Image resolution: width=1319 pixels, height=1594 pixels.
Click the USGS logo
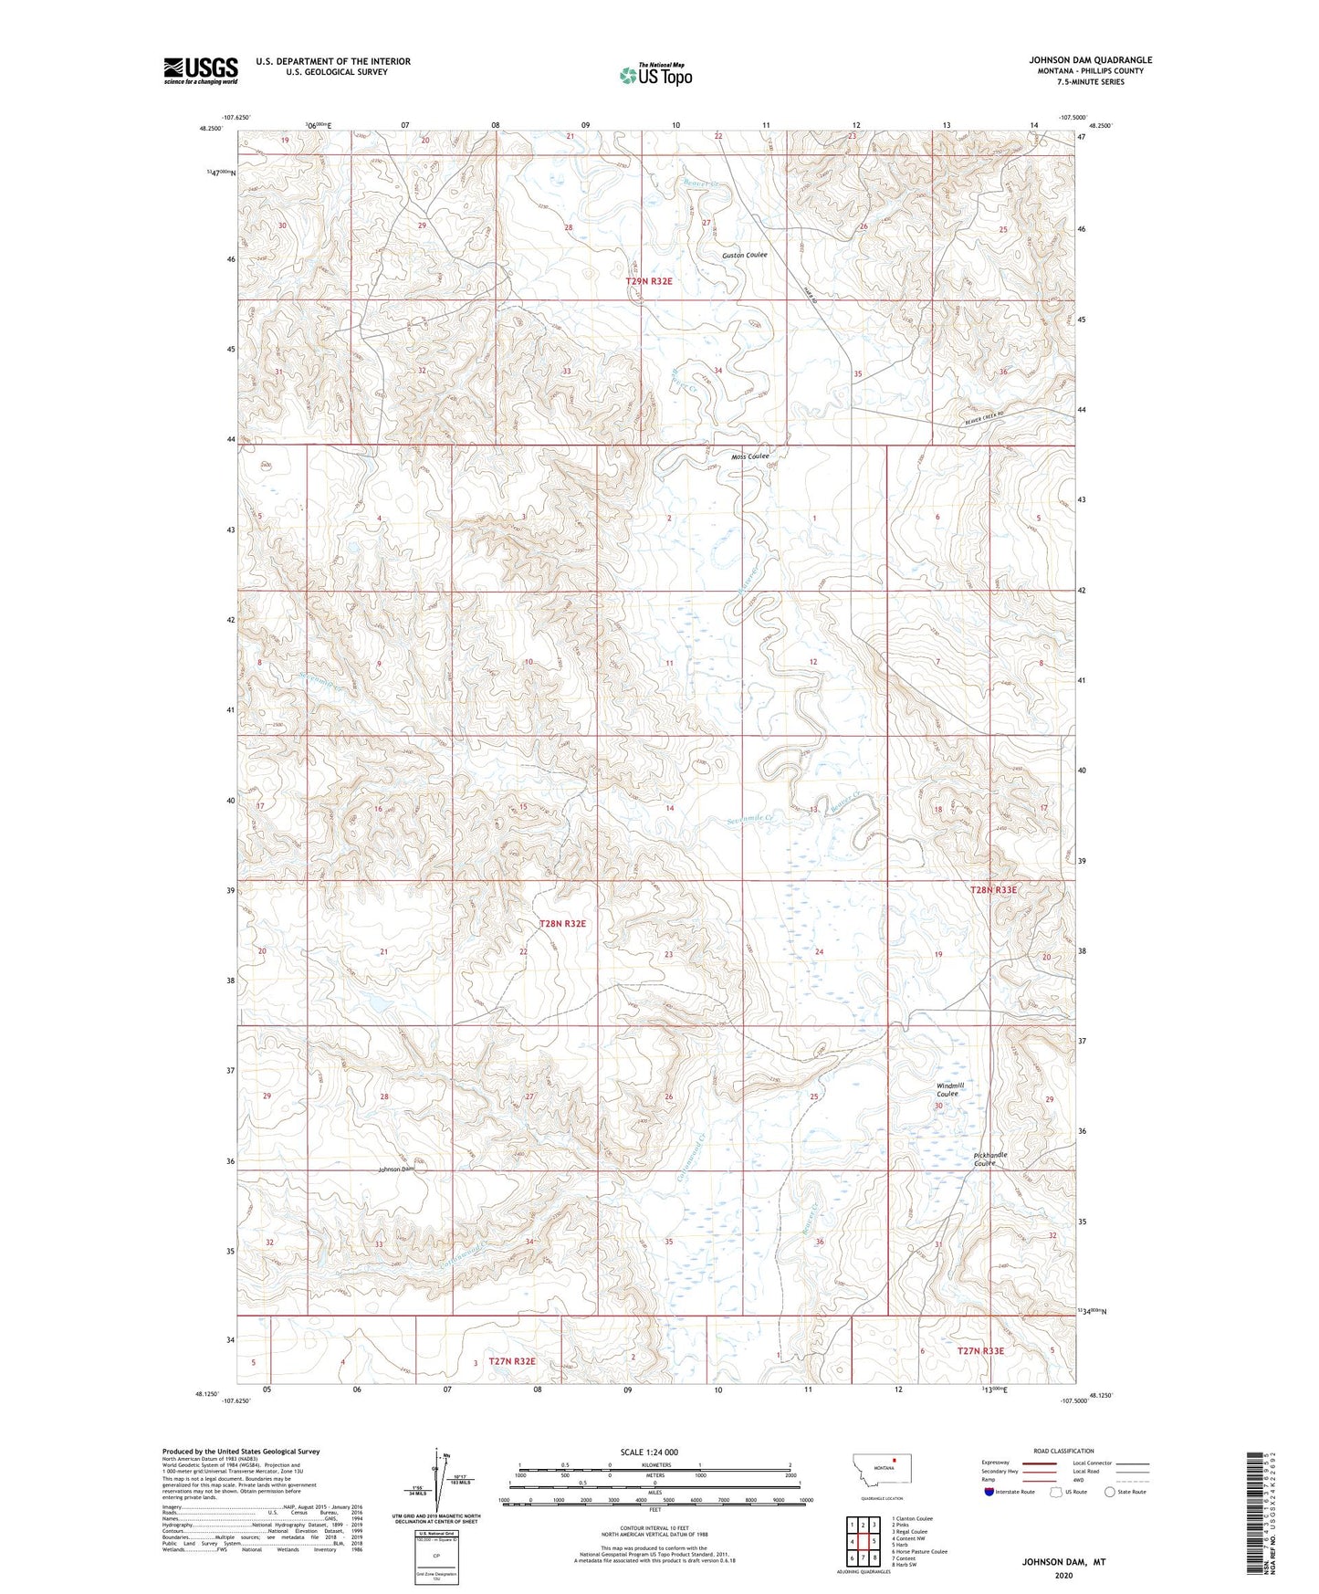click(x=201, y=69)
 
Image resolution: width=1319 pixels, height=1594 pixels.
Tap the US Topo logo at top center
click(x=654, y=75)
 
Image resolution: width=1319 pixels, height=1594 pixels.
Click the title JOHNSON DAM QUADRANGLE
click(x=1090, y=60)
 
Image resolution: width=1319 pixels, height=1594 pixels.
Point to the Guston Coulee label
click(x=745, y=256)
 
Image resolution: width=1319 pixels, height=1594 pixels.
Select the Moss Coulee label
click(x=750, y=456)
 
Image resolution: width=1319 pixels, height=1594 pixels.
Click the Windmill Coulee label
click(x=949, y=1089)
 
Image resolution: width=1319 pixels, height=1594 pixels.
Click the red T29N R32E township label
click(x=649, y=281)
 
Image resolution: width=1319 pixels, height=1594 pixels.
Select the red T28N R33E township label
click(x=992, y=889)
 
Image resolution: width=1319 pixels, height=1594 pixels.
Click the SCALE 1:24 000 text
click(x=649, y=1452)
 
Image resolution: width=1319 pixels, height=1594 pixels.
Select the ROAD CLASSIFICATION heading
click(x=1063, y=1451)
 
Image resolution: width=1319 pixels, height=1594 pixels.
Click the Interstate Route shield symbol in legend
click(x=989, y=1493)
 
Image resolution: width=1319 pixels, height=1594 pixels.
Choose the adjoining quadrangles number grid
click(x=863, y=1543)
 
